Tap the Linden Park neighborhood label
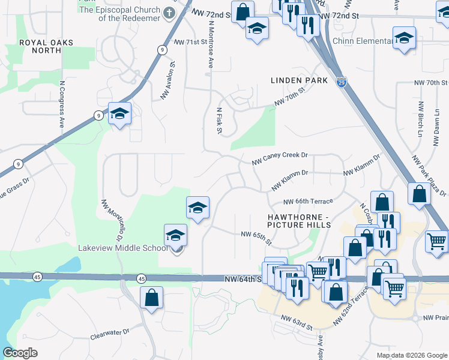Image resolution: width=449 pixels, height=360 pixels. click(299, 80)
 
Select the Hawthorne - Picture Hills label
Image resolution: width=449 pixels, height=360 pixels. click(299, 220)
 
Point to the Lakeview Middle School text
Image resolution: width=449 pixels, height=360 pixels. click(122, 248)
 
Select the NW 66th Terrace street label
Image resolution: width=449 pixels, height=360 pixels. click(307, 202)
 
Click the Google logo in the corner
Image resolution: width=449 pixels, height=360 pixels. click(20, 353)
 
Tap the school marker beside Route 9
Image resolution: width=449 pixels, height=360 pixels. click(119, 113)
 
